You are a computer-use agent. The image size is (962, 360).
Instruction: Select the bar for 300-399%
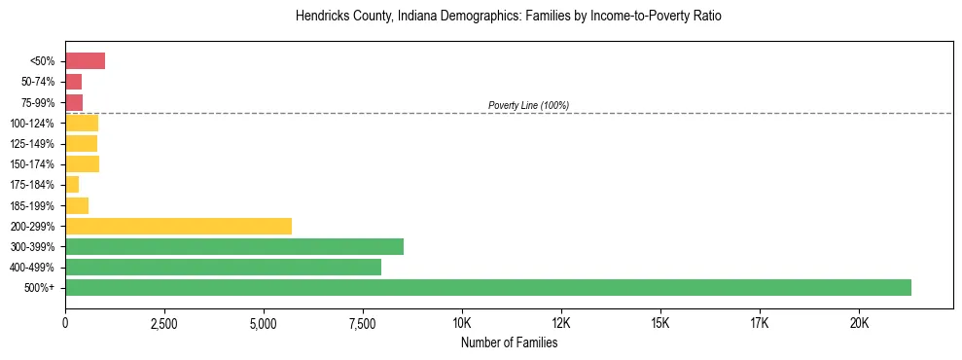[x=234, y=246]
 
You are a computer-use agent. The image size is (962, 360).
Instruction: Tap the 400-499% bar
[x=223, y=267]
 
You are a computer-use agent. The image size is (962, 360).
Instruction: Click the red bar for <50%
[x=85, y=61]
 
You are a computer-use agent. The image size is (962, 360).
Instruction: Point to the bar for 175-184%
[x=72, y=184]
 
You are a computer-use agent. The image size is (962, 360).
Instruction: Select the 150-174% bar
[x=82, y=163]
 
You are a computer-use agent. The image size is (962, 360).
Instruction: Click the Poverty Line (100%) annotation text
[x=528, y=105]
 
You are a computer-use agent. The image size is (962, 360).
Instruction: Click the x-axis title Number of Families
[x=509, y=342]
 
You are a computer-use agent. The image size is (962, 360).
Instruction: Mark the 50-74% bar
[x=73, y=82]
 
